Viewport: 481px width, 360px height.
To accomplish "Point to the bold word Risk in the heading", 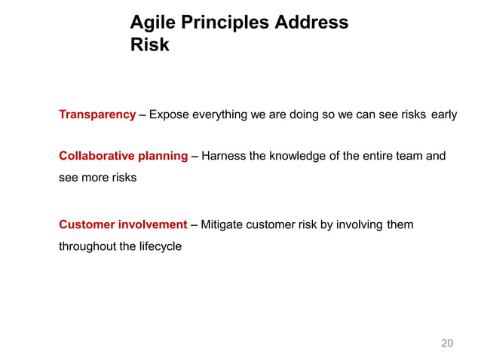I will (149, 45).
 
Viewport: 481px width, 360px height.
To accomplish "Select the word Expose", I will (169, 115).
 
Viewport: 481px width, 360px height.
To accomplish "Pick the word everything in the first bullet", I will (220, 115).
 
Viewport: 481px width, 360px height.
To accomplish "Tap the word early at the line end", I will (443, 115).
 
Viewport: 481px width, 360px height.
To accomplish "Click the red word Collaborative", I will (96, 156).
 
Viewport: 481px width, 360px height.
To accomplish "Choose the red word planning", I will (161, 156).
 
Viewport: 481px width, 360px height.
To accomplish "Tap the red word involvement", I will (153, 224).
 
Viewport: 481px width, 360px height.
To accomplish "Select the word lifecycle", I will (157, 246).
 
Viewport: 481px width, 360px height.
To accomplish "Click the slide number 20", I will (446, 343).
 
